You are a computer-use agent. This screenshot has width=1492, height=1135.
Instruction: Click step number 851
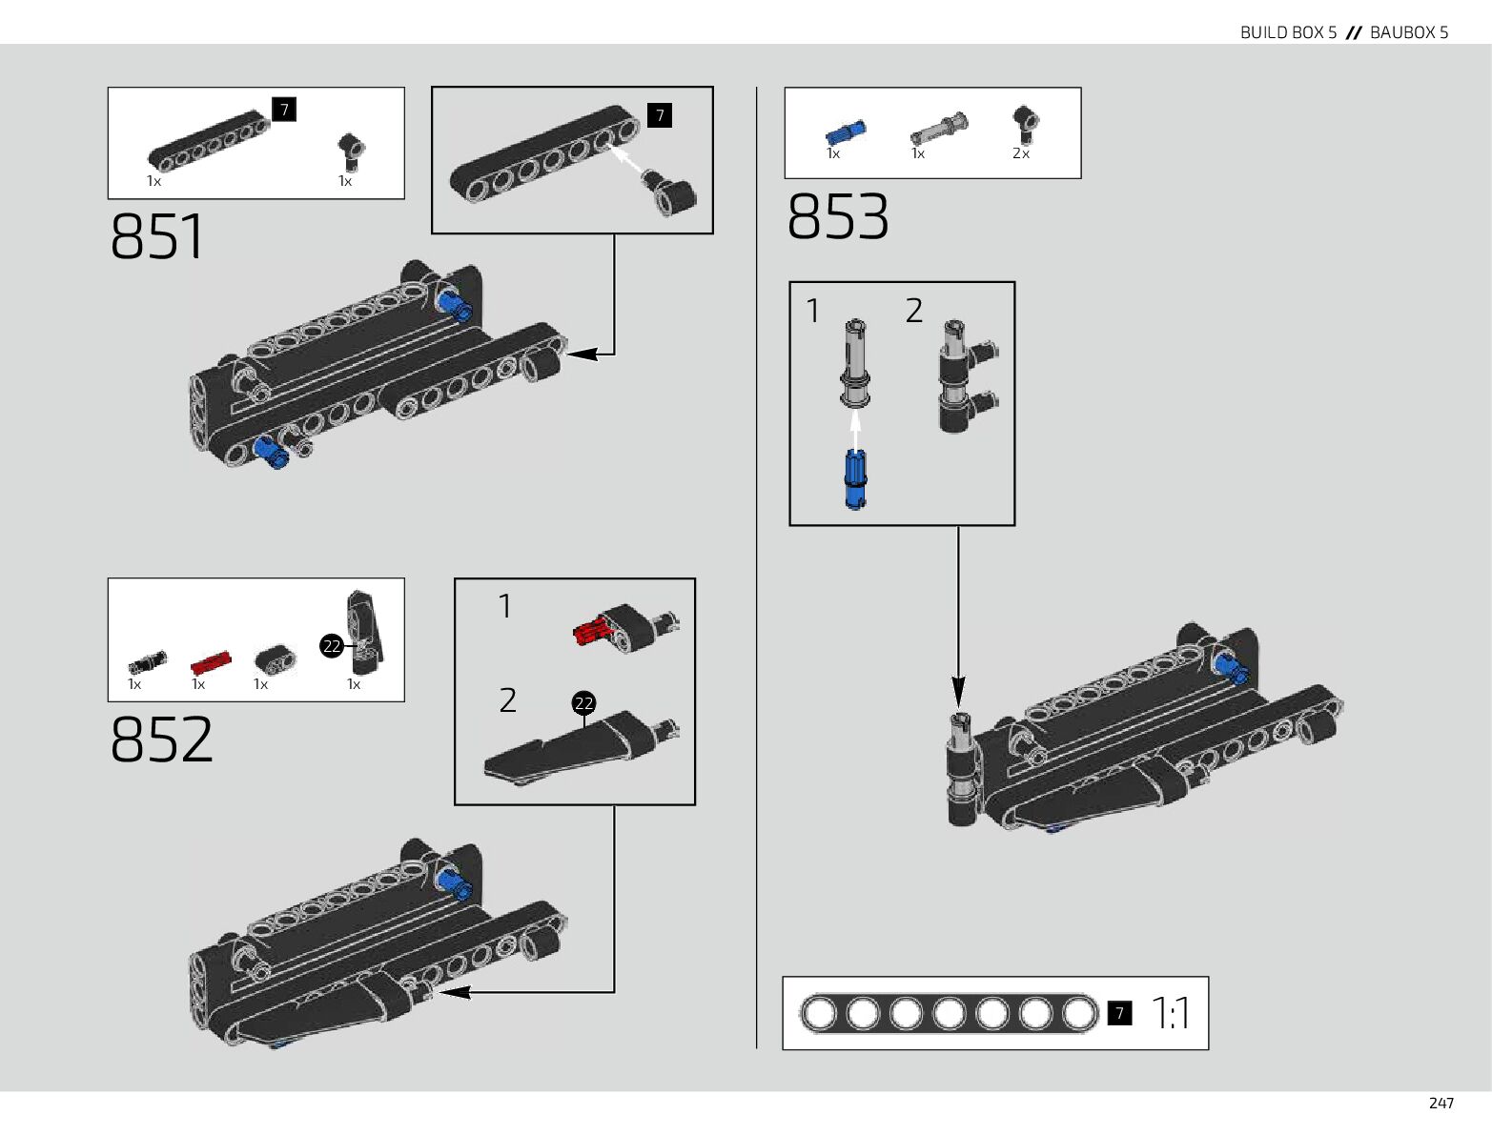[x=157, y=236]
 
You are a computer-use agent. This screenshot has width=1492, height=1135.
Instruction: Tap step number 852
[x=162, y=740]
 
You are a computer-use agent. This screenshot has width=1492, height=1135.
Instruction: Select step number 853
[x=838, y=217]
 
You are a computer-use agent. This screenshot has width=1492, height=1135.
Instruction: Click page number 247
[x=1441, y=1103]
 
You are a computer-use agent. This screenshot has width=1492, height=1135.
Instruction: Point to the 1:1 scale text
[x=1171, y=1013]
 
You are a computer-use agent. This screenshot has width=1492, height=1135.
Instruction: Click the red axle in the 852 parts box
[x=210, y=661]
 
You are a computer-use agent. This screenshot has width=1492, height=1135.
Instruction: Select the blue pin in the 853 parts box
[x=846, y=132]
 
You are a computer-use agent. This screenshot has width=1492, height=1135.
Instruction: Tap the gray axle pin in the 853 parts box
[x=938, y=128]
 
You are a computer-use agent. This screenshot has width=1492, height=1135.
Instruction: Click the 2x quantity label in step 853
[x=1021, y=153]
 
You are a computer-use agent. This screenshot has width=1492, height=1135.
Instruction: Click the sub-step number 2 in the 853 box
[x=913, y=311]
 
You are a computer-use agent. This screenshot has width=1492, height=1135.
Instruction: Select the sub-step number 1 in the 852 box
[x=505, y=606]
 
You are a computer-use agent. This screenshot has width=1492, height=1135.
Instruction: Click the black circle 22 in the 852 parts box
[x=331, y=646]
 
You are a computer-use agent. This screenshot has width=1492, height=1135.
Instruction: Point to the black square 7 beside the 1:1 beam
[x=1119, y=1013]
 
